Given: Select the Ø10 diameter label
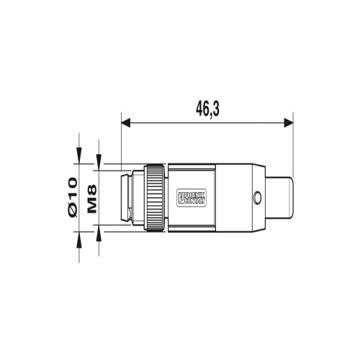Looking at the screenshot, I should pos(73,196).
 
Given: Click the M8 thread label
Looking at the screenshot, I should pos(91,197).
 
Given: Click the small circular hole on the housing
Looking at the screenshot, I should pos(256,197).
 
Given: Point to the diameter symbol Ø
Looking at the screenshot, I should pos(73,210).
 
